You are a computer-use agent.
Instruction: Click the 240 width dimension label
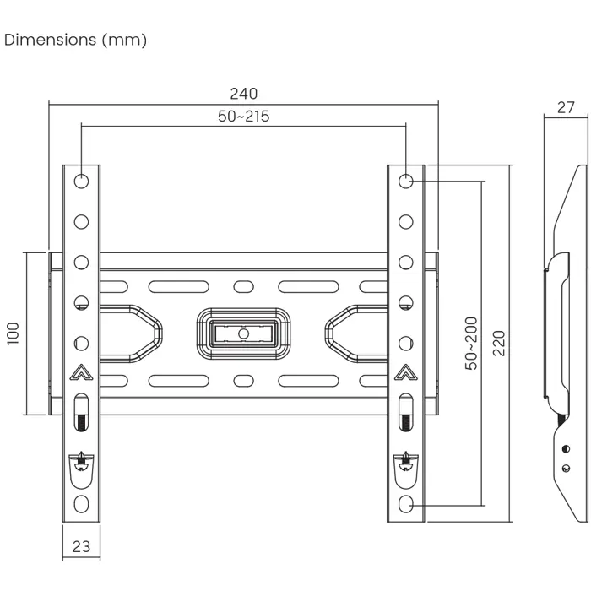point(243,94)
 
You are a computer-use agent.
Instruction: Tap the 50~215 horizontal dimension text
point(243,117)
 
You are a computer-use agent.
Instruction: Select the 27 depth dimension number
point(566,107)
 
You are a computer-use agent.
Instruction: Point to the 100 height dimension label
point(13,333)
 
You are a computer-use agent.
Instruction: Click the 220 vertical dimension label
point(499,343)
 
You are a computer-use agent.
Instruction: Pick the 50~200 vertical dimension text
point(471,343)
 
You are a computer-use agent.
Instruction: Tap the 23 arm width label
point(81,546)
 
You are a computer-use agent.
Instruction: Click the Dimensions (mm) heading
point(76,40)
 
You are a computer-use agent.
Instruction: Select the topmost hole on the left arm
point(81,181)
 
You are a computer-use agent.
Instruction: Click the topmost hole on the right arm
point(406,181)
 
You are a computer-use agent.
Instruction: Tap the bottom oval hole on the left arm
point(81,504)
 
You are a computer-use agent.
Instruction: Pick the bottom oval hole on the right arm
point(406,504)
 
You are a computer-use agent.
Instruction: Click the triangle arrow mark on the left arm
point(81,371)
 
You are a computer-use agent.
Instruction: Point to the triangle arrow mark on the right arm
point(406,371)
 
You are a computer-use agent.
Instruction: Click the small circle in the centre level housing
point(244,333)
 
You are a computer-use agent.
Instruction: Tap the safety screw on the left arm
point(81,461)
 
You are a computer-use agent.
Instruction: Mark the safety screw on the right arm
point(406,461)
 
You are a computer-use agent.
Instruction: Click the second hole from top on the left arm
point(81,221)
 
